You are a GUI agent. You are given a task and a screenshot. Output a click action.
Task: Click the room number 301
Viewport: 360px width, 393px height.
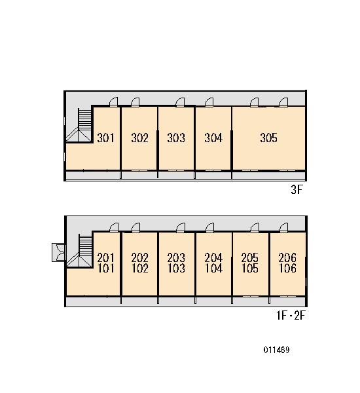click(x=105, y=138)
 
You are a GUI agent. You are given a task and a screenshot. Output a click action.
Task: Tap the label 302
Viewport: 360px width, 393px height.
click(x=139, y=138)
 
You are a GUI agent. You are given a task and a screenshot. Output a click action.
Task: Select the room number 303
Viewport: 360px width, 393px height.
click(x=176, y=138)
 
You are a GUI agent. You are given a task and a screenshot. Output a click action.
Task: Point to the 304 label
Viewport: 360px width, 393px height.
click(x=213, y=138)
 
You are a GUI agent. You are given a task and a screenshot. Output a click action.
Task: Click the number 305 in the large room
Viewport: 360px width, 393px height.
click(x=269, y=138)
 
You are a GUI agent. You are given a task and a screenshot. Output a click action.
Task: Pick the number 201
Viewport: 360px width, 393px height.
click(x=105, y=257)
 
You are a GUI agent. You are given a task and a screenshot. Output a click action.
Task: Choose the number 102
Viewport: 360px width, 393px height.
click(x=140, y=268)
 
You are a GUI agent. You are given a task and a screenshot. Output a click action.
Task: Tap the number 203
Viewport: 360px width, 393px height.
click(x=176, y=257)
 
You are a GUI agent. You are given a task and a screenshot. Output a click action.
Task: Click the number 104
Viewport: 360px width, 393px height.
click(x=213, y=268)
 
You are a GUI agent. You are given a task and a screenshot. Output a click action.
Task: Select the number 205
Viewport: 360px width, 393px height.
click(x=250, y=257)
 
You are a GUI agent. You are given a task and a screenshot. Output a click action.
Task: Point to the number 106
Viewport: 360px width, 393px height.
click(x=287, y=268)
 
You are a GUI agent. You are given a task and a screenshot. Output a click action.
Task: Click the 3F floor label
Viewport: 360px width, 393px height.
click(x=297, y=190)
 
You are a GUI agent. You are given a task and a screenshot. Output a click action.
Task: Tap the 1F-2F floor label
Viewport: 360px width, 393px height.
click(x=291, y=315)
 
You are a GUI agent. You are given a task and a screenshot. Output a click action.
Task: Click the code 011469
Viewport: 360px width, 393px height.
click(x=277, y=350)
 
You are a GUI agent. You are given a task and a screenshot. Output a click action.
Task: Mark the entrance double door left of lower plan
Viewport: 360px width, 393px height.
click(x=59, y=253)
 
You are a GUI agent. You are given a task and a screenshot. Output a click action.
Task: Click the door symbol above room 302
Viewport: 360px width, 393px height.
click(x=135, y=102)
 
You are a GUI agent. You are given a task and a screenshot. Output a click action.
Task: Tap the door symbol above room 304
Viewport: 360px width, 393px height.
click(x=209, y=102)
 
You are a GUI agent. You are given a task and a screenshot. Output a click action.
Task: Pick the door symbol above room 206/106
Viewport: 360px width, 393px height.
click(x=283, y=227)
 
